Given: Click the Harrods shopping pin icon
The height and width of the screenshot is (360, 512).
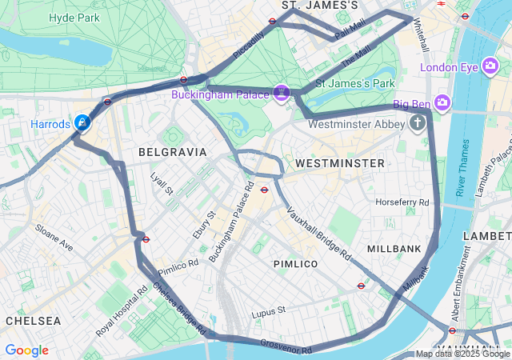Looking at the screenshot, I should [82, 122].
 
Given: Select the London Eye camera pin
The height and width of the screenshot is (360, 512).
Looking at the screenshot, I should [492, 67].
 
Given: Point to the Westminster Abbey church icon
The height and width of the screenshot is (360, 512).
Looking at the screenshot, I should [417, 123].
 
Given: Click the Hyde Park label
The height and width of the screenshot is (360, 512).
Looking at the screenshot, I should [74, 18].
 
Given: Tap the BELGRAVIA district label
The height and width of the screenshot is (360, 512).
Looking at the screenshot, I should [172, 151].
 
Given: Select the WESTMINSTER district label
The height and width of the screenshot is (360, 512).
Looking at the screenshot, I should [340, 163].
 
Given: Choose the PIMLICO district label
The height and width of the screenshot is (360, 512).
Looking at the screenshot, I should [295, 263].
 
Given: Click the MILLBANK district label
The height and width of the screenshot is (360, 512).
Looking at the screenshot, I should [394, 249].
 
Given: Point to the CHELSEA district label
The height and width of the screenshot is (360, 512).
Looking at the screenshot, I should [33, 320].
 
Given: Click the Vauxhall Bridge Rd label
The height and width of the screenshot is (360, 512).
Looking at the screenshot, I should [319, 234].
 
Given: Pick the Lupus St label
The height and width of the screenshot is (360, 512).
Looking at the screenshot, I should [269, 311].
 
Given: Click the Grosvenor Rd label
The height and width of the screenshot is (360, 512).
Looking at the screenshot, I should [286, 346].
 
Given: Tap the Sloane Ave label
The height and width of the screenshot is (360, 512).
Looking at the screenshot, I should [54, 238].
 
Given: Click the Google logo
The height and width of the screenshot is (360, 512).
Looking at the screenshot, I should [26, 350].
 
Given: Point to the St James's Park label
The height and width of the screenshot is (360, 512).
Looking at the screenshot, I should [355, 83].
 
